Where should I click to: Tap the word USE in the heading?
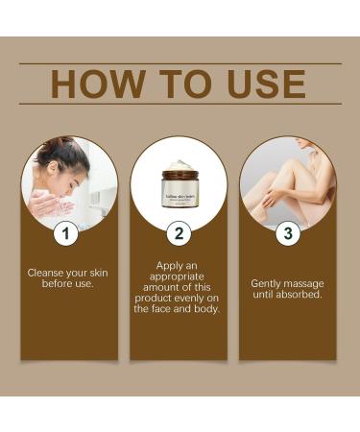coord(258,84)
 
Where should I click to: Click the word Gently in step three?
coord(267,283)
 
